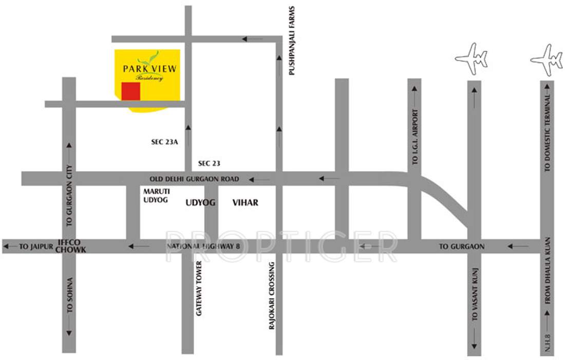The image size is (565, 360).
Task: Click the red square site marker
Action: click(130, 91)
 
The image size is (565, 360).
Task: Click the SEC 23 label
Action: click(209, 163)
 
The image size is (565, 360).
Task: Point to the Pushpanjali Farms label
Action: click(292, 41)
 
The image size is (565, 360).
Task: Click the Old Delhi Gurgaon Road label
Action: click(194, 179)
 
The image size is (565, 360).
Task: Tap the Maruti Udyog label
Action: click(156, 196)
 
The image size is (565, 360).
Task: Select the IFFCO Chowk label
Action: click(71, 246)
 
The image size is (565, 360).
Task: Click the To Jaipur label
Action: click(36, 247)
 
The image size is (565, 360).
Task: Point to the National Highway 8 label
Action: click(203, 247)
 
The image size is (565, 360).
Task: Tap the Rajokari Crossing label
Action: click(272, 302)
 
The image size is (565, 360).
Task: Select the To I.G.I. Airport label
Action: click(416, 137)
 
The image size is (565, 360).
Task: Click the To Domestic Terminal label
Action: click(548, 133)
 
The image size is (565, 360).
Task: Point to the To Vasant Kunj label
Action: click(475, 295)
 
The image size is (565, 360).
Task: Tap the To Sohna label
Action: click(70, 295)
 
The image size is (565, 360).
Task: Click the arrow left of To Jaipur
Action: click(10, 247)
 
